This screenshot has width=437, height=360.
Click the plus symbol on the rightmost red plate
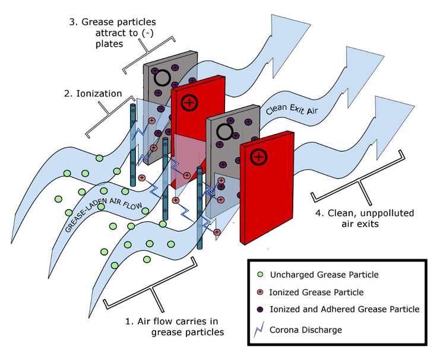pyautogui.click(x=258, y=157)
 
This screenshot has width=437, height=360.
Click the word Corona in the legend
pyautogui.click(x=284, y=329)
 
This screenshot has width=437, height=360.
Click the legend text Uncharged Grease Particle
pyautogui.click(x=324, y=275)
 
